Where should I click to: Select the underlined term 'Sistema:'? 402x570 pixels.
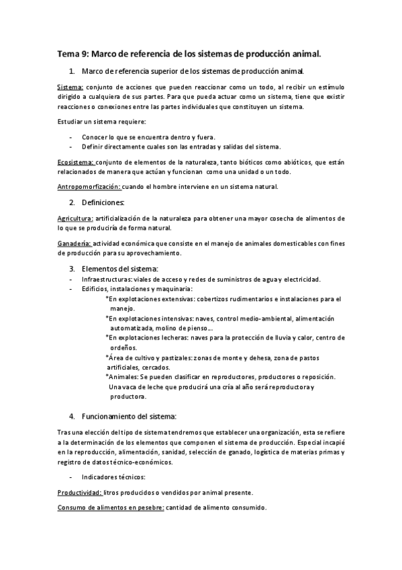[70, 88]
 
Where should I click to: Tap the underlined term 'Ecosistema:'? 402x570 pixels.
[75, 161]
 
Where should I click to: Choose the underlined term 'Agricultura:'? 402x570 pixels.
[75, 218]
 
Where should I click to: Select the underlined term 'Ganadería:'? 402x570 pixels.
[74, 243]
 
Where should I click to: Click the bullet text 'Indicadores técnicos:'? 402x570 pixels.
[112, 477]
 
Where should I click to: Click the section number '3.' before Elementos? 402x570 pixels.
[72, 269]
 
